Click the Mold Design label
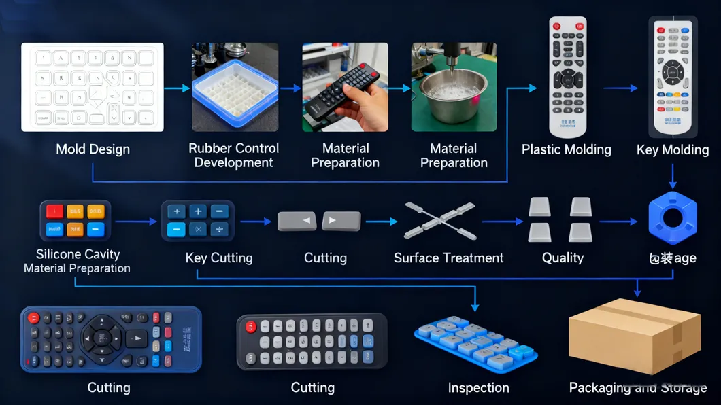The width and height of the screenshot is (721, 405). pos(93,149)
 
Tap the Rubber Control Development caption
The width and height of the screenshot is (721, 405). pos(233,156)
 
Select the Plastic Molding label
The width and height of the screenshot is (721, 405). pos(566,149)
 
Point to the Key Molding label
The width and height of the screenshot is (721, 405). pos(672,149)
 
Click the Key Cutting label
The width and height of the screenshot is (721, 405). pos(218,258)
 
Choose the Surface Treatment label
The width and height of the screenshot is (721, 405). pos(448,258)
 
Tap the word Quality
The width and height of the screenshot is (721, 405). pos(563,258)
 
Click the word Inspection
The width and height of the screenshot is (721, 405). pos(478,388)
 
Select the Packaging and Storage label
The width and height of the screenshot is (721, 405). pos(637,388)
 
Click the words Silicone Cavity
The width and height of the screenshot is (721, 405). pos(78,254)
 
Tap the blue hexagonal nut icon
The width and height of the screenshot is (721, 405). pos(672,219)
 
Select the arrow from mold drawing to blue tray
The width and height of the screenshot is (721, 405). pos(177,88)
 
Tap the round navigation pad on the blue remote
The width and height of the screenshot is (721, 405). pos(101,338)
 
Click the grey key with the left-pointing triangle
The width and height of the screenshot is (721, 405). pos(297,222)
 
